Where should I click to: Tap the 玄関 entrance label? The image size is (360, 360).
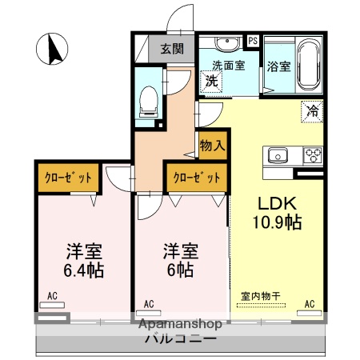click(x=171, y=49)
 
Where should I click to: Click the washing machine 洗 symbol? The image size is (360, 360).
click(x=211, y=80)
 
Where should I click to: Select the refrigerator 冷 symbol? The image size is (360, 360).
click(x=311, y=112)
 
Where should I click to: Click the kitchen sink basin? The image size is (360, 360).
click(x=278, y=155)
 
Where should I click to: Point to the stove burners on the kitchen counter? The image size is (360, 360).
click(x=311, y=155)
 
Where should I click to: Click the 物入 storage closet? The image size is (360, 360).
click(x=212, y=147)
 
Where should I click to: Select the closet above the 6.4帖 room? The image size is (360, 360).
click(x=67, y=178)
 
